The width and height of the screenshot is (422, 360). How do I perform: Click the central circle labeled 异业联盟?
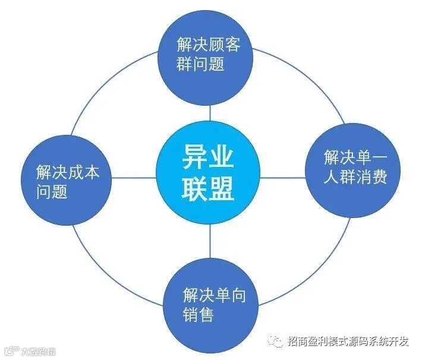[209, 176]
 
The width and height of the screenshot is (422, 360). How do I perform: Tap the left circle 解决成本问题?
[67, 179]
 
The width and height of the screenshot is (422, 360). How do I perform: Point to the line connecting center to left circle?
[134, 178]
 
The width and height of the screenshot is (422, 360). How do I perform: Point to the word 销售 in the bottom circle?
[199, 314]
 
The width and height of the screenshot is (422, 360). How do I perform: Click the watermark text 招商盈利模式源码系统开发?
[348, 341]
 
